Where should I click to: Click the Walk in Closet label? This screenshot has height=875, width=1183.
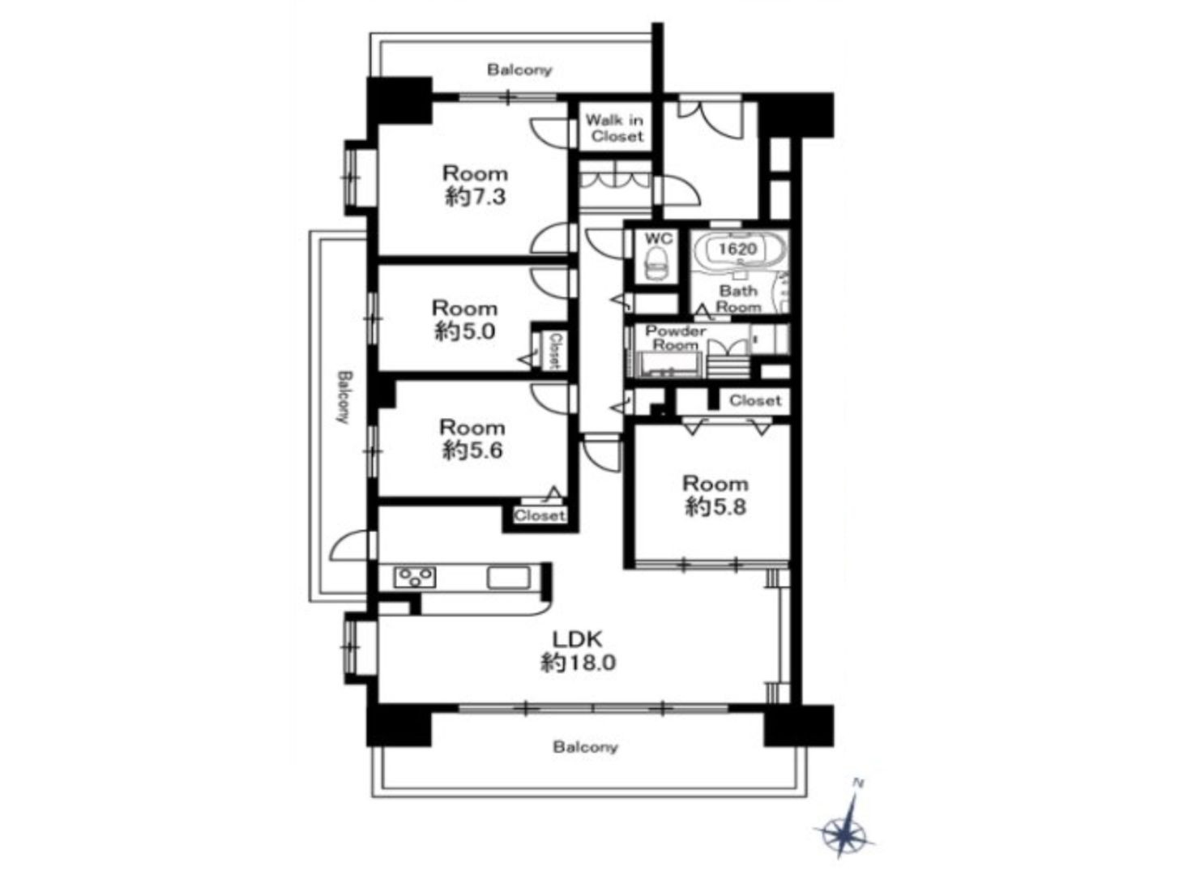pos(617,129)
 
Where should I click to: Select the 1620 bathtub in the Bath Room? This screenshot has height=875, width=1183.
pos(739,248)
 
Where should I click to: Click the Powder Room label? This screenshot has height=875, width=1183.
pos(675,337)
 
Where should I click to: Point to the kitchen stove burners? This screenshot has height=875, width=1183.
pos(414,578)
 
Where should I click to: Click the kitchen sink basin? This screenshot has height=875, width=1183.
pos(508,578)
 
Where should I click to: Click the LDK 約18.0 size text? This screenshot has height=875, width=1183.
pos(579,651)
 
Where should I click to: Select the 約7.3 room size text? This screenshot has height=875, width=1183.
pos(475,198)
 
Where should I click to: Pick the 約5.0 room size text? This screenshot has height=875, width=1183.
pos(464,332)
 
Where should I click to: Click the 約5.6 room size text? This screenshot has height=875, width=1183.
pos(472,451)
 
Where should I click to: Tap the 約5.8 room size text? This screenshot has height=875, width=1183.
pos(715,507)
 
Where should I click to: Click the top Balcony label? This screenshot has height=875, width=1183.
pos(519,70)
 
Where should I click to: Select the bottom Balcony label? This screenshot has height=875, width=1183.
pos(585,747)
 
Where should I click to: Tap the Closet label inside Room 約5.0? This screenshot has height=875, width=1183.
pos(555,351)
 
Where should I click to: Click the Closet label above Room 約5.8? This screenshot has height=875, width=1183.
pos(754,400)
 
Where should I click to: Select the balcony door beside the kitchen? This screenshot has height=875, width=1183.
pos(350,545)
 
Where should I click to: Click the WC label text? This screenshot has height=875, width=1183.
pos(659,238)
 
